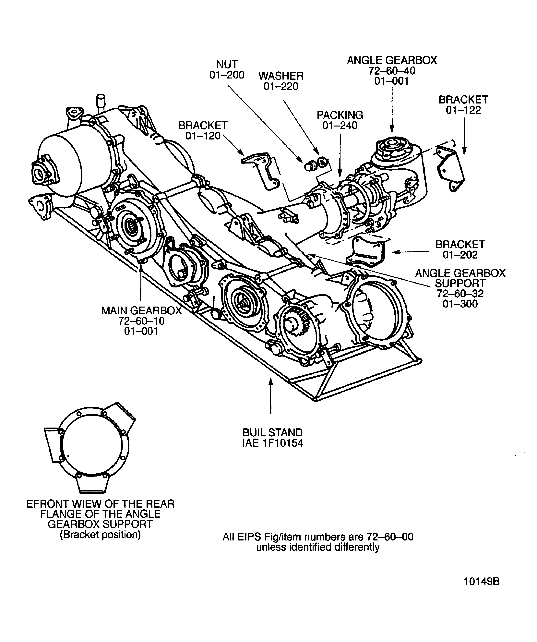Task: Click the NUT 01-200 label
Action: [x=227, y=70]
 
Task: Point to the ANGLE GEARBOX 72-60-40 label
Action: [x=392, y=71]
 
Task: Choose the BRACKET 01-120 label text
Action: [x=203, y=130]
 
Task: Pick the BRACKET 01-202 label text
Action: [x=460, y=249]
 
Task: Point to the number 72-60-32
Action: [x=460, y=294]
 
